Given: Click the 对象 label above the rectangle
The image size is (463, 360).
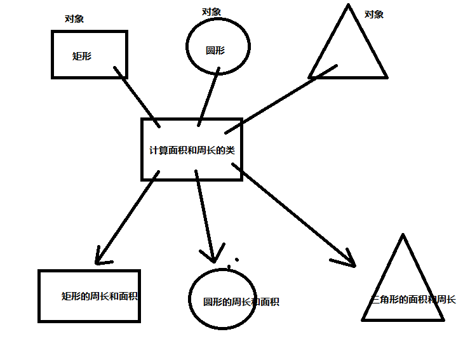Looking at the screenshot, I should pyautogui.click(x=74, y=18).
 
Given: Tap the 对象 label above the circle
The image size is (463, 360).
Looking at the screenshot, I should pyautogui.click(x=212, y=11).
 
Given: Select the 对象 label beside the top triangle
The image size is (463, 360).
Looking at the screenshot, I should pyautogui.click(x=374, y=14).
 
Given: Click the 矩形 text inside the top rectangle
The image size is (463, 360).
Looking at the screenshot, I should pyautogui.click(x=82, y=56).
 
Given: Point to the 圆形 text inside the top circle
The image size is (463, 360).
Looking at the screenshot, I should pyautogui.click(x=215, y=50).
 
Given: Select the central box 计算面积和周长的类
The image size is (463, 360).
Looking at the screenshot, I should pyautogui.click(x=191, y=150).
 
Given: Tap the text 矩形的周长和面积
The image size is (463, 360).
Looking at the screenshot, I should pyautogui.click(x=100, y=296).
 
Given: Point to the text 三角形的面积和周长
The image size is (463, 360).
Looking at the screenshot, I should pyautogui.click(x=413, y=299).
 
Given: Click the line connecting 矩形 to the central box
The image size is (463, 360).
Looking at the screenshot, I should pyautogui.click(x=136, y=96).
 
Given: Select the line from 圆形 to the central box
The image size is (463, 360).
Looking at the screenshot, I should pyautogui.click(x=209, y=95).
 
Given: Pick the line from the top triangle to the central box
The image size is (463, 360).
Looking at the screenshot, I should pyautogui.click(x=279, y=95).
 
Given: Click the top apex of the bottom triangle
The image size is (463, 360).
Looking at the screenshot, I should pyautogui.click(x=403, y=235).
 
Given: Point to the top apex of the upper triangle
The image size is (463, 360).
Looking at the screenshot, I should pyautogui.click(x=348, y=6).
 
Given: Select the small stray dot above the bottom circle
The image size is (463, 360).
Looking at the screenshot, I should pyautogui.click(x=238, y=259).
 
